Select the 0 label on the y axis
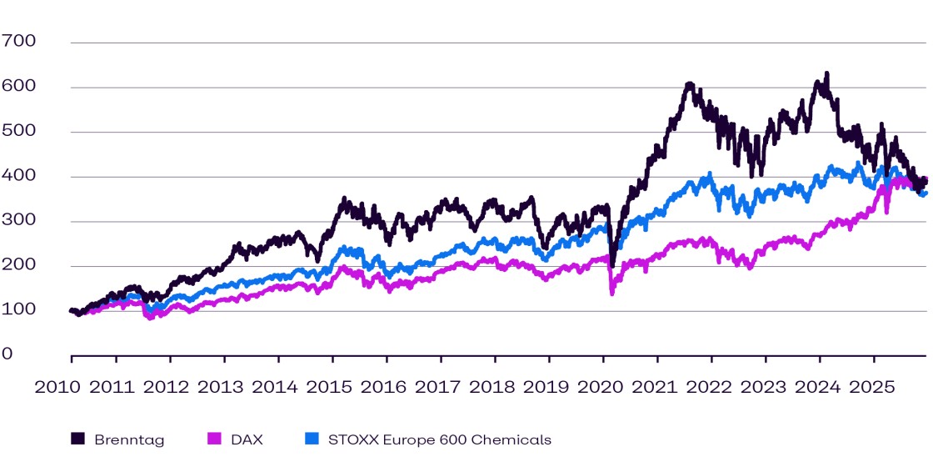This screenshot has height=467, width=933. pos(7,354)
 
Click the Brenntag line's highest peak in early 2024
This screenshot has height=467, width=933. pos(826,73)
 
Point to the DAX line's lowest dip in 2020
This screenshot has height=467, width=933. pos(612,294)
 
